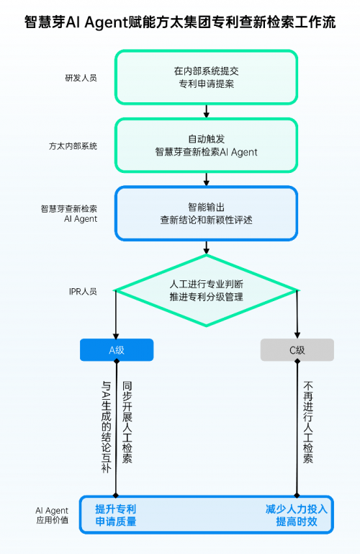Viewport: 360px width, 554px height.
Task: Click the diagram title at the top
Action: tap(180, 22)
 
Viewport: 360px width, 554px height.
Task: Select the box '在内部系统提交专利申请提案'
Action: tap(206, 77)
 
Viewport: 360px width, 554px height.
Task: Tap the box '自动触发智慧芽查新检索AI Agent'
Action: tap(206, 146)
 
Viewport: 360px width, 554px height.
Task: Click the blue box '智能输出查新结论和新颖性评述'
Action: tap(206, 213)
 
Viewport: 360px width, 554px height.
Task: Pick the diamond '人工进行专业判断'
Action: tap(206, 290)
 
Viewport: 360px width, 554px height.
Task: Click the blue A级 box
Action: tap(117, 350)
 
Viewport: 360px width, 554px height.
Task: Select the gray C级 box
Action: tap(297, 350)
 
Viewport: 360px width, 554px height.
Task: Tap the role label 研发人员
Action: tap(81, 78)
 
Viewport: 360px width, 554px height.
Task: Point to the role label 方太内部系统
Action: tap(73, 146)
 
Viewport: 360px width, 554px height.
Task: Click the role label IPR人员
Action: tap(83, 292)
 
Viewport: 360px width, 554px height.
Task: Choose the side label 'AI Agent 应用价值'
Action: tap(53, 515)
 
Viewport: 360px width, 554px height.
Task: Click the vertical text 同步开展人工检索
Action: tap(127, 422)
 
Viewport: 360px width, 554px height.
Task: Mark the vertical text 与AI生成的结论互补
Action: tap(106, 426)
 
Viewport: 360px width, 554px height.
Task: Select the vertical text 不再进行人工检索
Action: tap(307, 422)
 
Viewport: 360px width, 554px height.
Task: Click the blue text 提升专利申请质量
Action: tap(116, 515)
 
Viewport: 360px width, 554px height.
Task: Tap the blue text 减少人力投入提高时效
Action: tap(297, 515)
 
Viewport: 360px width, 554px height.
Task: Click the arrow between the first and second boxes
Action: tap(207, 111)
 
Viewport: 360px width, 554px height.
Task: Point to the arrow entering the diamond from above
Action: tap(207, 248)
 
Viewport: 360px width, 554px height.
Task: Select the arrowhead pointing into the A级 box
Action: tap(116, 336)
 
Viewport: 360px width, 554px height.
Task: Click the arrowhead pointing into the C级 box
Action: tap(297, 336)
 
